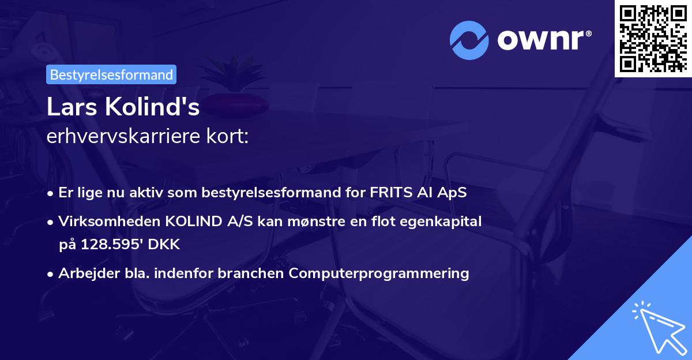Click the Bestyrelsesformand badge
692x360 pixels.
tap(111, 74)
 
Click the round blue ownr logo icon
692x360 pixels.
tap(469, 40)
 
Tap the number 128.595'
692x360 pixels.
tap(111, 245)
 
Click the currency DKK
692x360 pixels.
tap(164, 245)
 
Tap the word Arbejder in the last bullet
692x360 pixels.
tap(84, 273)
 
